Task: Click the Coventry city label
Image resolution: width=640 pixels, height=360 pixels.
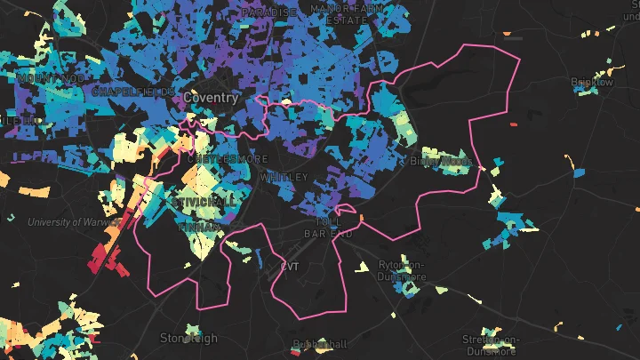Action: (x=211, y=98)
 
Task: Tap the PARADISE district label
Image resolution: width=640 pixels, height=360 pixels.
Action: (x=268, y=12)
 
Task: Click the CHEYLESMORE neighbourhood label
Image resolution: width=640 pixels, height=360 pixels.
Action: (x=228, y=158)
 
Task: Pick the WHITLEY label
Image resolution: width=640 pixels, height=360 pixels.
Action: (x=284, y=178)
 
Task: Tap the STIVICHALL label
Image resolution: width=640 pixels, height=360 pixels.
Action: (x=207, y=203)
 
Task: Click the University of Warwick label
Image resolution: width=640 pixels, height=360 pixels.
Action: (x=67, y=221)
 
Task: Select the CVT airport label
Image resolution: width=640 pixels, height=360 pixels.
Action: (x=290, y=267)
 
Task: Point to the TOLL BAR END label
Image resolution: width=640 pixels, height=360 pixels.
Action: (x=334, y=228)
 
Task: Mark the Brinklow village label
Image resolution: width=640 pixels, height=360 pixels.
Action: (x=592, y=82)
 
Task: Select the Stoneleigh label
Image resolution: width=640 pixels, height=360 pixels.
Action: (x=188, y=338)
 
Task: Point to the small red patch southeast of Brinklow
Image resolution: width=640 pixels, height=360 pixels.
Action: (x=513, y=124)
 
